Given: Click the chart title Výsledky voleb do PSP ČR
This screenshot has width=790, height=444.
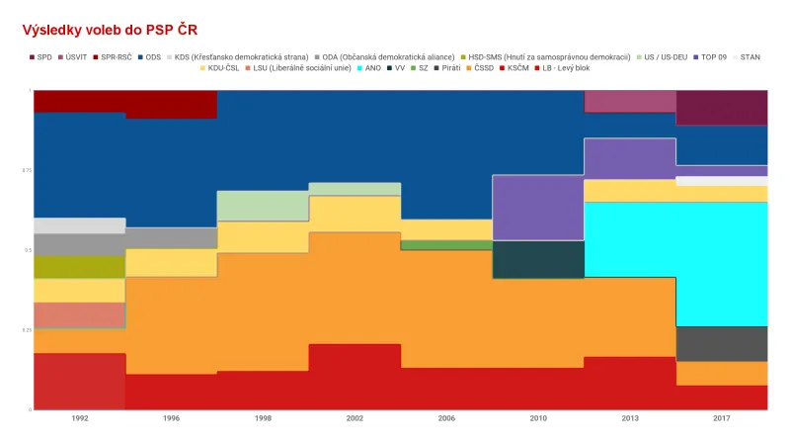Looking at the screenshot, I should click(x=116, y=31).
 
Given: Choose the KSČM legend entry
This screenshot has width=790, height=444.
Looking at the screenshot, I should click(x=516, y=67).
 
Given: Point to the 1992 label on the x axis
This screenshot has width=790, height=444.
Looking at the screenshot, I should click(x=80, y=418).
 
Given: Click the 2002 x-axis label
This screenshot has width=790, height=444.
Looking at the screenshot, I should click(x=355, y=418).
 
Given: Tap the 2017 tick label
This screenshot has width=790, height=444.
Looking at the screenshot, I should click(x=722, y=418).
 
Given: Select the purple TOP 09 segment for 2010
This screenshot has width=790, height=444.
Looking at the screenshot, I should click(x=538, y=208).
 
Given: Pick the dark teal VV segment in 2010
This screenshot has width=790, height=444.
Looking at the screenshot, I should click(x=538, y=259).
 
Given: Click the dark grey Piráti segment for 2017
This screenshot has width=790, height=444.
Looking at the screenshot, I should click(x=722, y=343).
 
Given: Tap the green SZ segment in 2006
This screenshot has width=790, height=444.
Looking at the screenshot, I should click(x=446, y=245).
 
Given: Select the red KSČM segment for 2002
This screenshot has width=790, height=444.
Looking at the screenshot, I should click(x=355, y=376).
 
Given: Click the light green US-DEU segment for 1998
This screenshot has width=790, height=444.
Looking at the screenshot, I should click(x=263, y=206).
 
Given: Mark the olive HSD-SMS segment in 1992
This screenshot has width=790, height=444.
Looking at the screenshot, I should click(x=80, y=267).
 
